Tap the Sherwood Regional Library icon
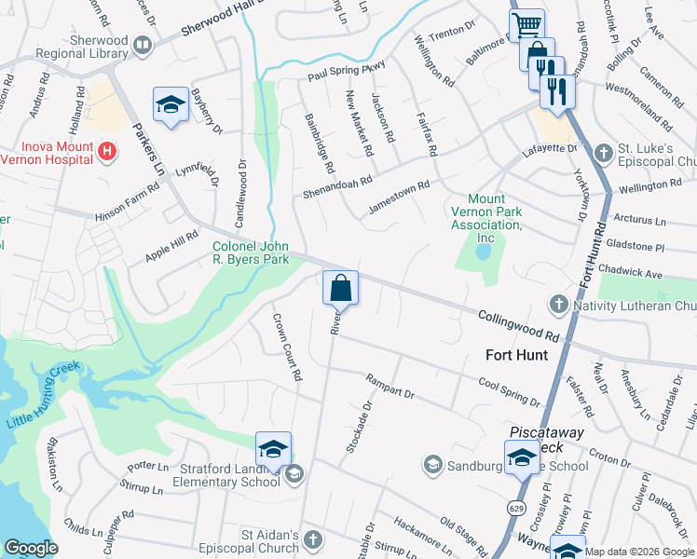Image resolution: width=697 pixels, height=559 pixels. [x=143, y=44]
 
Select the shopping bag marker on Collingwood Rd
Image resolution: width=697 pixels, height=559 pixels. [x=341, y=287]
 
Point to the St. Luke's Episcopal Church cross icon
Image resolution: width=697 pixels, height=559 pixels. [x=603, y=152]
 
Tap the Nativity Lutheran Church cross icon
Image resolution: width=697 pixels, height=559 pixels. [x=558, y=304]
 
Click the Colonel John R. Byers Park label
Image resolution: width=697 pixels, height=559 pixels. [x=251, y=252]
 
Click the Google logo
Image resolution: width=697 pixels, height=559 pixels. [x=31, y=548]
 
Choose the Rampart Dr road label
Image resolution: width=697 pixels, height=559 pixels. [x=389, y=386]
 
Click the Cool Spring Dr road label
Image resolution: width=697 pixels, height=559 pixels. [x=509, y=391]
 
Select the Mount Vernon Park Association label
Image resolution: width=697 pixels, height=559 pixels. [x=485, y=218]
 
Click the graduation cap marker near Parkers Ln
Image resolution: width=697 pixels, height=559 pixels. [x=171, y=105]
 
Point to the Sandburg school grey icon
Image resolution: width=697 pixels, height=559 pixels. [x=432, y=463]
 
